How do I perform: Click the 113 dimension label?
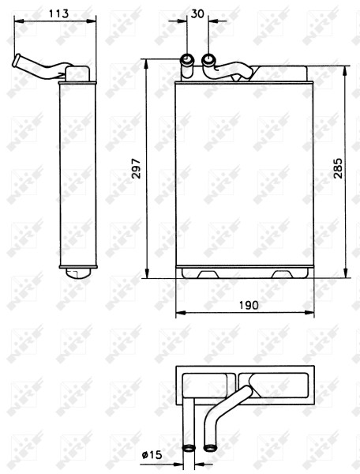tap(59, 13)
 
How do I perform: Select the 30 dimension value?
tap(198, 13)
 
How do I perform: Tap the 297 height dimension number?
tap(137, 168)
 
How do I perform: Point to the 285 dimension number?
tap(338, 168)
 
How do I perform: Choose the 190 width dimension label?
tap(249, 305)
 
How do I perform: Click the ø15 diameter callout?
tap(152, 455)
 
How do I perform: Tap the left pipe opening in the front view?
tap(187, 58)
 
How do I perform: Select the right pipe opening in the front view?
tap(208, 59)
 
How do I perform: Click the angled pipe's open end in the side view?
tap(17, 60)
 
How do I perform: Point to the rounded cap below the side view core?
tap(78, 273)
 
